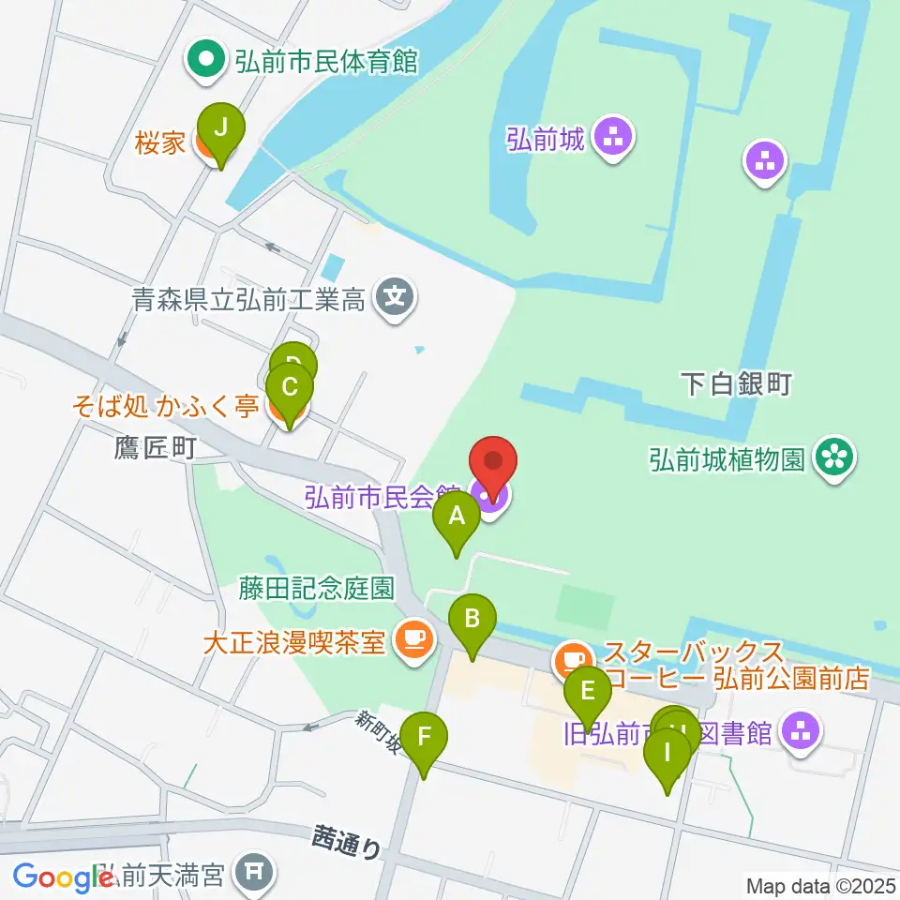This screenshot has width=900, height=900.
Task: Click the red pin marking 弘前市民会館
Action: point(493,461)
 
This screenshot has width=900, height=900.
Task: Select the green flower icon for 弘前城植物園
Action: point(831,458)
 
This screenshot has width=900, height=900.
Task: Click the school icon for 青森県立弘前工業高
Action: point(395,299)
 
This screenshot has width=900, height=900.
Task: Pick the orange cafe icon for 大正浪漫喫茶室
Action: point(412,640)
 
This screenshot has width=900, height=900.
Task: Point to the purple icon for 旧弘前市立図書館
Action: point(800,732)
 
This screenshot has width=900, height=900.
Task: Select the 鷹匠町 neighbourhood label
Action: point(157,448)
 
